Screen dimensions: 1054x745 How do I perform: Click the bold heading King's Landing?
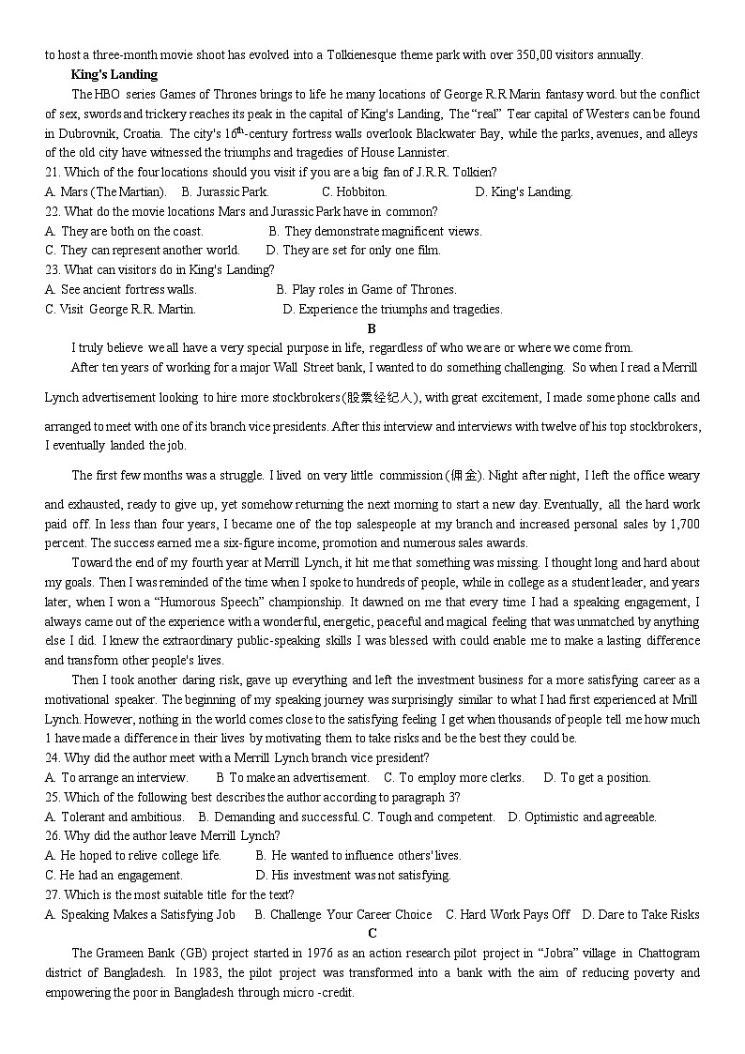coord(114,74)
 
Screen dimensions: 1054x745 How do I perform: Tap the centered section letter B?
coord(372,328)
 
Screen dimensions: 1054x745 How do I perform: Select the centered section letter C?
coord(372,933)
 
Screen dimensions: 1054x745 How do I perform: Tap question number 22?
coord(53,211)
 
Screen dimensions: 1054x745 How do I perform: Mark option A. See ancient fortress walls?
coord(121,289)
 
